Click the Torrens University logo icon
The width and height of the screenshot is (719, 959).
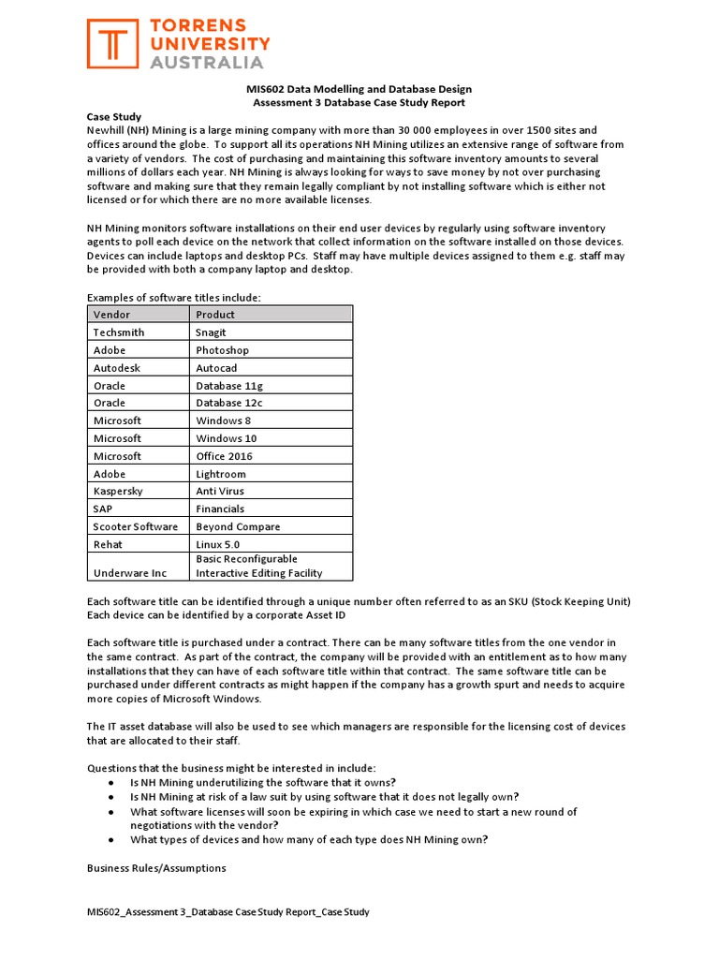(x=115, y=44)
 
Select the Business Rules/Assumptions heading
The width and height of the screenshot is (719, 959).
(x=156, y=868)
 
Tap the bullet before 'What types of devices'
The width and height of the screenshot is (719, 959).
(x=111, y=840)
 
